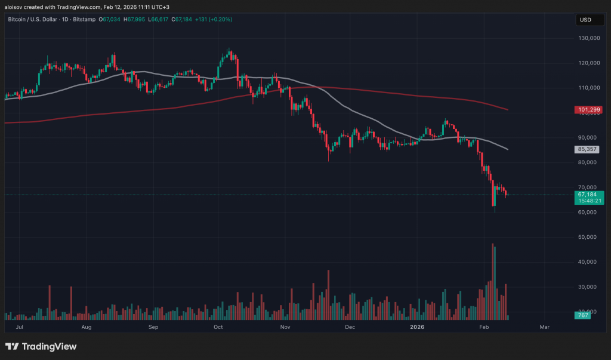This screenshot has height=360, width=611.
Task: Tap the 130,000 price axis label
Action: click(x=590, y=38)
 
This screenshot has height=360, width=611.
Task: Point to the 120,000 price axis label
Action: click(x=590, y=63)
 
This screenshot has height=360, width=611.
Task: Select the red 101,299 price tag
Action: click(x=589, y=110)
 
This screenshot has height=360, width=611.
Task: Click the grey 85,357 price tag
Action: click(x=589, y=149)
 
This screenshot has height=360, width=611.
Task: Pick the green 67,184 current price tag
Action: click(x=589, y=195)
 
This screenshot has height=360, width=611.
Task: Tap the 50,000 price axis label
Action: click(x=590, y=237)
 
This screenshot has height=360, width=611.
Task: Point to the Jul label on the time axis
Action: click(x=20, y=327)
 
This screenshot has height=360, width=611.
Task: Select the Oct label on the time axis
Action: click(x=218, y=327)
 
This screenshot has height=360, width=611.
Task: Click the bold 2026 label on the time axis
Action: click(x=417, y=327)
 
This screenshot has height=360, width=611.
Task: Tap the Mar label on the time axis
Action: click(x=544, y=327)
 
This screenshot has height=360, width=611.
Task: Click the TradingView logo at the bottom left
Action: click(x=41, y=346)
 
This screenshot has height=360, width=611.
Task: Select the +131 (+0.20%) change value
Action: click(x=212, y=20)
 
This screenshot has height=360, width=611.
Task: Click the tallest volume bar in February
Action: click(x=492, y=281)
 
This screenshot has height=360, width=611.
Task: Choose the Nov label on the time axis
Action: click(x=285, y=327)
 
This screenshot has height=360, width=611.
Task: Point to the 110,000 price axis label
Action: click(x=590, y=88)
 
